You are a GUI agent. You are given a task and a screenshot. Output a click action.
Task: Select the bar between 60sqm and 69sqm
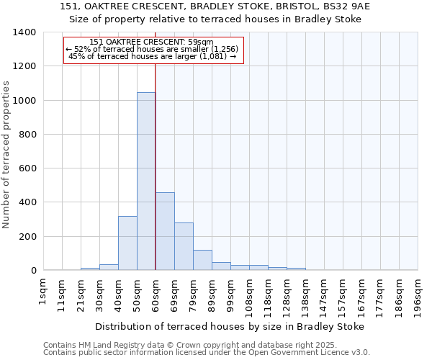tap(165, 231)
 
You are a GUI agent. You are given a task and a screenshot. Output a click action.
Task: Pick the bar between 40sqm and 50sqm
tap(127, 243)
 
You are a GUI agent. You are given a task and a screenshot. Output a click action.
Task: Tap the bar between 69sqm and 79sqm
tap(184, 246)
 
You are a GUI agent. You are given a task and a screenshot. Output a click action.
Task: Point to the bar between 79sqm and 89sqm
tap(202, 260)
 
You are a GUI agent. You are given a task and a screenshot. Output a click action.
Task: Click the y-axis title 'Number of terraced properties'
tap(7, 154)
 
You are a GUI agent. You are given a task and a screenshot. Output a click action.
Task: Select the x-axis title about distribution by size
tap(230, 326)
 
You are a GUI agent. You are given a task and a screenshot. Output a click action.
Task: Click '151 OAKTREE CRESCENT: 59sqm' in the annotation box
tap(153, 42)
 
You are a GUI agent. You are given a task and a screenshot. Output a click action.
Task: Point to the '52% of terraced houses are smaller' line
tap(153, 49)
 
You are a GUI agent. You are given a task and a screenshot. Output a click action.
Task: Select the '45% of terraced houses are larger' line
tap(153, 56)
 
